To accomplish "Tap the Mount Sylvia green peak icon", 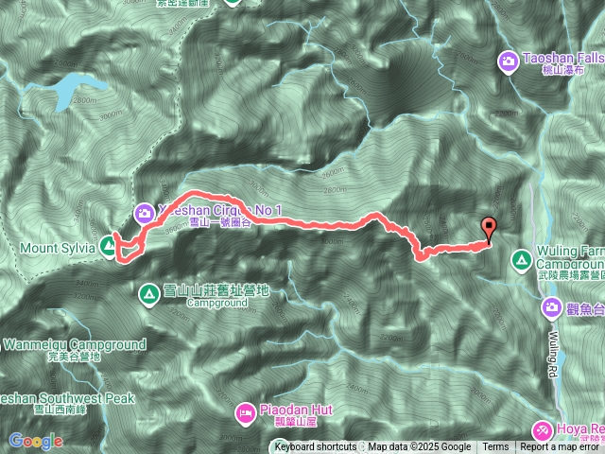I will (109, 248).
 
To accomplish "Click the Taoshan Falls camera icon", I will (508, 61).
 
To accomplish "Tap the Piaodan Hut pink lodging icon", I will (245, 412).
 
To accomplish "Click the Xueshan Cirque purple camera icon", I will (145, 213).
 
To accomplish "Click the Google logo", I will (35, 441).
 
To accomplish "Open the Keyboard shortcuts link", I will (316, 447).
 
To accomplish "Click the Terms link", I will (495, 447).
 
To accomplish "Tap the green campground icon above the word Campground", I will (148, 293).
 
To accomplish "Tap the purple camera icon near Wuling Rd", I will (551, 307).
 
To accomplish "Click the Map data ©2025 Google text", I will (420, 447).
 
